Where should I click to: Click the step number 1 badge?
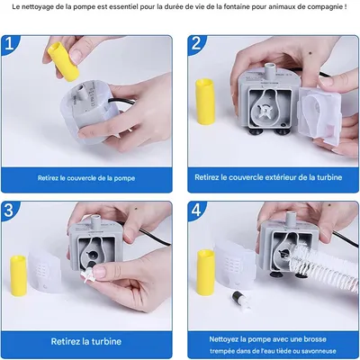[x=9, y=44]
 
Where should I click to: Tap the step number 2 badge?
[x=196, y=44]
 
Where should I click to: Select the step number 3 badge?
[x=9, y=211]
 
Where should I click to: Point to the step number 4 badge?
[x=196, y=211]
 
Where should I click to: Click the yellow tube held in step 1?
[x=64, y=61]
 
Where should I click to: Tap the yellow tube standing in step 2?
[x=205, y=102]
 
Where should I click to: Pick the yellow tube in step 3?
[x=18, y=275]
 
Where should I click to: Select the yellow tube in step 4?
[x=206, y=273]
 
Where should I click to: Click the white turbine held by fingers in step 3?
[x=89, y=274]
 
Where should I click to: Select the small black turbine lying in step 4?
[x=239, y=299]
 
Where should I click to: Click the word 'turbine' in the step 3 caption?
[x=106, y=341]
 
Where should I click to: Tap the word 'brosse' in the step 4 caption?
[x=315, y=339]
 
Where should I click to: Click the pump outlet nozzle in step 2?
[x=270, y=71]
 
